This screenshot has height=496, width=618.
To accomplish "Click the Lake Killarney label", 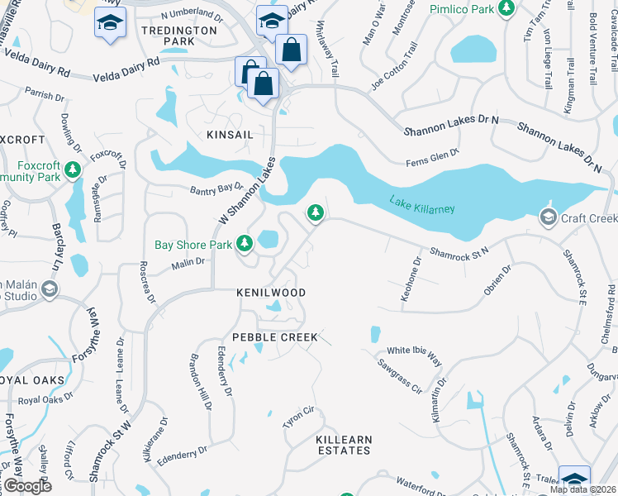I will [422, 204].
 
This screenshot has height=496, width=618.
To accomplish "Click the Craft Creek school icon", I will [547, 217].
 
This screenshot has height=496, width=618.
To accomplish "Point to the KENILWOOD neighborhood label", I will [271, 293].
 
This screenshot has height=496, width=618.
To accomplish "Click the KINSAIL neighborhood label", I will [231, 134].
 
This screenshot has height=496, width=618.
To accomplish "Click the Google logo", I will [26, 485].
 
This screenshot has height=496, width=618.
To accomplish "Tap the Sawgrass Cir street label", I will [400, 372].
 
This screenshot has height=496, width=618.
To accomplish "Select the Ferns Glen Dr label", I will [431, 157].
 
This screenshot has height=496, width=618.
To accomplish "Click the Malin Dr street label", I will [188, 262].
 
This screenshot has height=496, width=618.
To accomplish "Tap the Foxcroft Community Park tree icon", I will [74, 170].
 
